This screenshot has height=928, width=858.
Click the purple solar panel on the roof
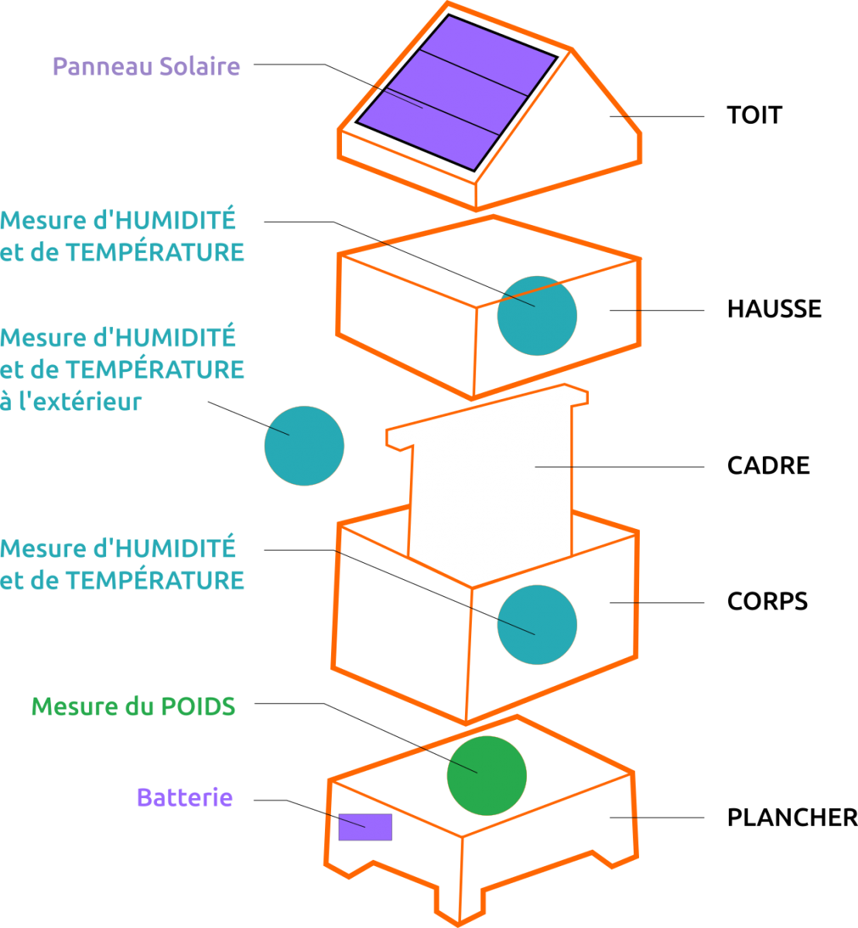[456, 93]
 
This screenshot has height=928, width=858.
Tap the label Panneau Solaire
[146, 67]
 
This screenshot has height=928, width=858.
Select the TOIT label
[754, 115]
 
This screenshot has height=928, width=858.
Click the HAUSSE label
[774, 309]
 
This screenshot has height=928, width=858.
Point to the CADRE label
[768, 466]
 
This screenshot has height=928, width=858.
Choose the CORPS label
[767, 602]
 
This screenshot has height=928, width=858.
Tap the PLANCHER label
[792, 817]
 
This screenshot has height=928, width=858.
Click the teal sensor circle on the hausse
[537, 316]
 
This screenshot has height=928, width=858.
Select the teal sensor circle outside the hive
[304, 445]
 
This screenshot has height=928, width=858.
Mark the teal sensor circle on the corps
[537, 625]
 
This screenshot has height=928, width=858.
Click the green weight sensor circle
[487, 776]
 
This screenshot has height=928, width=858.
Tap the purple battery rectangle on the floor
[365, 827]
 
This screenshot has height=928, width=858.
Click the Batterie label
[185, 797]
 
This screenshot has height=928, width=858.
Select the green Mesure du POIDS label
[133, 707]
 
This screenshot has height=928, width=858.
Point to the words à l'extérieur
[70, 401]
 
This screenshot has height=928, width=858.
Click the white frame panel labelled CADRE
[491, 467]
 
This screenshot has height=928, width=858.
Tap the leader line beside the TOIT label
[657, 116]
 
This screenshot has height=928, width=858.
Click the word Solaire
[200, 67]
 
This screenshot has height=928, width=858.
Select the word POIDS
[198, 707]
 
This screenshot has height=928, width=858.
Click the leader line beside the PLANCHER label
[657, 817]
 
